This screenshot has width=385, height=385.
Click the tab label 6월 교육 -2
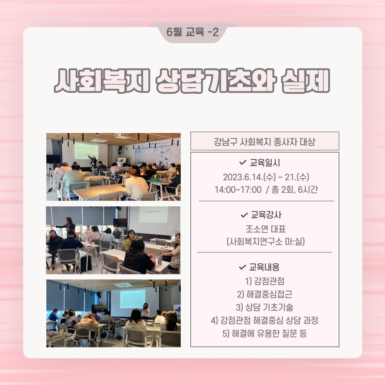[192, 32]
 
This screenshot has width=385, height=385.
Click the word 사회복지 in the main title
[102, 81]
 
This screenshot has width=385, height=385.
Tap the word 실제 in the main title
[306, 81]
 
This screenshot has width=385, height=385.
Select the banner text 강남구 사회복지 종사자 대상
[265, 142]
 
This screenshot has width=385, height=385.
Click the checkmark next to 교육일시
[243, 162]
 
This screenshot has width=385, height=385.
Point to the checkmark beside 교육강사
[244, 215]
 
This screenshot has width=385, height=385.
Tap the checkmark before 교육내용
[242, 267]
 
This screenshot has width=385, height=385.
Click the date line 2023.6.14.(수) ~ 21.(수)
[266, 177]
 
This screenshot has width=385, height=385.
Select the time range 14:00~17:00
[238, 190]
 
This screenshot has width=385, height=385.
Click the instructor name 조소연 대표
[266, 229]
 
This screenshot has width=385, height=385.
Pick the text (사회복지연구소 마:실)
[266, 242]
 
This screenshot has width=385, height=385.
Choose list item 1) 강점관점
[265, 281]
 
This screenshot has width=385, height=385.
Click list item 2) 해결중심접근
[265, 294]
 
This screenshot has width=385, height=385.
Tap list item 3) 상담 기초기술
[265, 307]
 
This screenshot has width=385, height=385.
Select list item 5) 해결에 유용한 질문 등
[265, 333]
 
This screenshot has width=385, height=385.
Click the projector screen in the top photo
[86, 151]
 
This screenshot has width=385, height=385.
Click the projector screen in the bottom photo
[133, 299]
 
